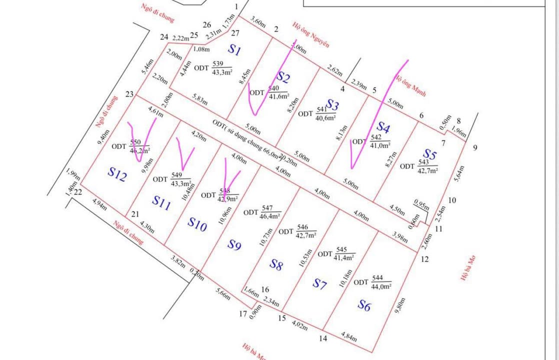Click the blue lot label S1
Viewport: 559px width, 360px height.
234,49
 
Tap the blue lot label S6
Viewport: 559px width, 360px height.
364,305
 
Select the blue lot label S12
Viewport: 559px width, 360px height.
117,174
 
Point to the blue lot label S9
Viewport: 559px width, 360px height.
234,245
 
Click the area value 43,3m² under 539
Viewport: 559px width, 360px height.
221,72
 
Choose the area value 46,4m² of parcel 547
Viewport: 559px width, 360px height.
270,216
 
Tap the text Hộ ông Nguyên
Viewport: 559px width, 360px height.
311,35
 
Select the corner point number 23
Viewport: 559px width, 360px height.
129,94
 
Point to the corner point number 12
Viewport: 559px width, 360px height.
424,259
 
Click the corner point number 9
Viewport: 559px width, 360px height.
474,147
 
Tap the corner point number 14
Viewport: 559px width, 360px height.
323,338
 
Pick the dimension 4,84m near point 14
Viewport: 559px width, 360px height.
349,336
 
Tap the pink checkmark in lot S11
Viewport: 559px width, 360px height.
184,154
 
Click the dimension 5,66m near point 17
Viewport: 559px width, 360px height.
223,294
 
